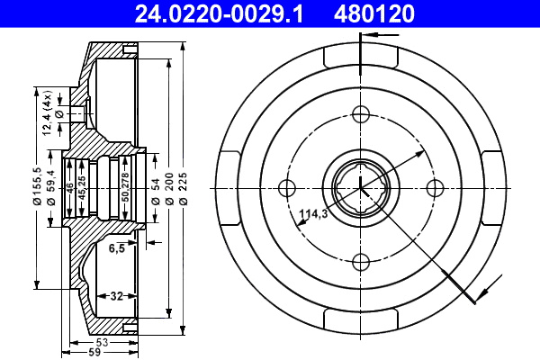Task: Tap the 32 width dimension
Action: point(116,294)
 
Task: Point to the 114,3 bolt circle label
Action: point(311,214)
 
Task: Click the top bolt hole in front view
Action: point(361,114)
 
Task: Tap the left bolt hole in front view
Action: point(288,187)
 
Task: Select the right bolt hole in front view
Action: point(435,187)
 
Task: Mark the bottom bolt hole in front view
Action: point(361,261)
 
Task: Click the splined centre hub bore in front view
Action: point(361,187)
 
